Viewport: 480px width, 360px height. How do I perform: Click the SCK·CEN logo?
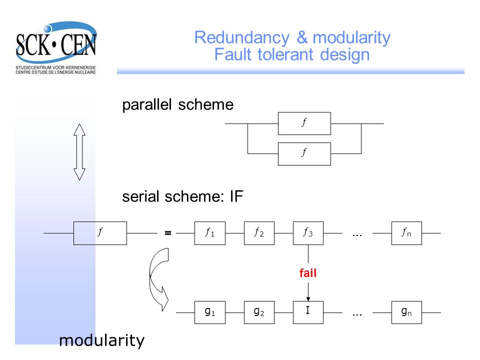click(x=56, y=47)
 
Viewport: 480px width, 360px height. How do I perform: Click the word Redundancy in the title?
click(x=242, y=38)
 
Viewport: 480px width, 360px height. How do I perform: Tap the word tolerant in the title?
click(x=285, y=54)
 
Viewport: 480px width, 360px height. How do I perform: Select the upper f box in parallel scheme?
click(x=304, y=123)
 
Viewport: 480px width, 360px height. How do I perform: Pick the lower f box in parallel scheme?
click(x=304, y=153)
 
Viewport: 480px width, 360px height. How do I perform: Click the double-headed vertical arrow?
click(x=79, y=152)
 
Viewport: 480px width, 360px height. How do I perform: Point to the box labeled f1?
click(x=210, y=233)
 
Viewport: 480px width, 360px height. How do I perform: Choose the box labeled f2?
click(x=259, y=233)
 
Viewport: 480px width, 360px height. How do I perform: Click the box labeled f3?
click(x=308, y=233)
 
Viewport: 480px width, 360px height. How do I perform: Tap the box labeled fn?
click(x=406, y=233)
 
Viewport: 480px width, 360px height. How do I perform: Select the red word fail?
click(x=308, y=273)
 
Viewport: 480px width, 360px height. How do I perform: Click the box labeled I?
click(x=308, y=312)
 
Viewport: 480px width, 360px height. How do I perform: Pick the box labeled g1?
click(x=210, y=312)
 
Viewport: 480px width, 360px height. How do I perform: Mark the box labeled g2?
click(x=259, y=312)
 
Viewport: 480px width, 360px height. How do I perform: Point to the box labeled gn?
click(x=406, y=312)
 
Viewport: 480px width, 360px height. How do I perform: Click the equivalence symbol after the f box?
click(x=168, y=233)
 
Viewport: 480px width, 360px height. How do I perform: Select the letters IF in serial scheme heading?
click(x=236, y=196)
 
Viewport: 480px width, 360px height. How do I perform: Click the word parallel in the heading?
click(x=146, y=105)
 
